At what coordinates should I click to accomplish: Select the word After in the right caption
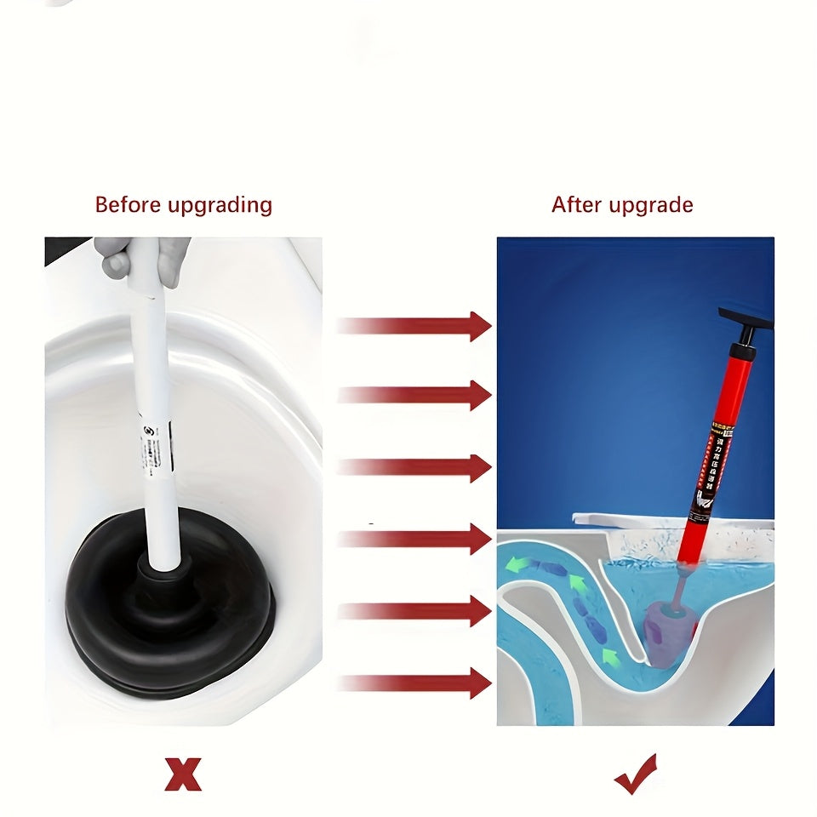574,205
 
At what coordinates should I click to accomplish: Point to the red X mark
183,774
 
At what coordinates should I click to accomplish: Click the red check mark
637,773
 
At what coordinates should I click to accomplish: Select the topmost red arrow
415,325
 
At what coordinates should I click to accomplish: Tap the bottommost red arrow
415,683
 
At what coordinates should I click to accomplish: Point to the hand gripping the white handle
145,255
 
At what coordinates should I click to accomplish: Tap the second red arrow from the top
415,395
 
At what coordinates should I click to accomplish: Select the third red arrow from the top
415,467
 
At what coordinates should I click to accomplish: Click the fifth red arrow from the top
415,610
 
